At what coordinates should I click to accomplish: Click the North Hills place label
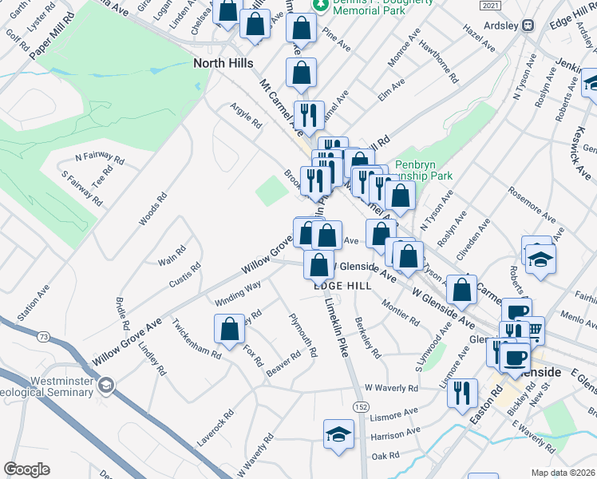[223, 62]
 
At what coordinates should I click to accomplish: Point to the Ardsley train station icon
[528, 25]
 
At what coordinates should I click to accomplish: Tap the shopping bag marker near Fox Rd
[229, 329]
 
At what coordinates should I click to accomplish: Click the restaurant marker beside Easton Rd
[462, 393]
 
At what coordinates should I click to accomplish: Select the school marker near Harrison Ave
[338, 434]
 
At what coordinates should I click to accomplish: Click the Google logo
[26, 469]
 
